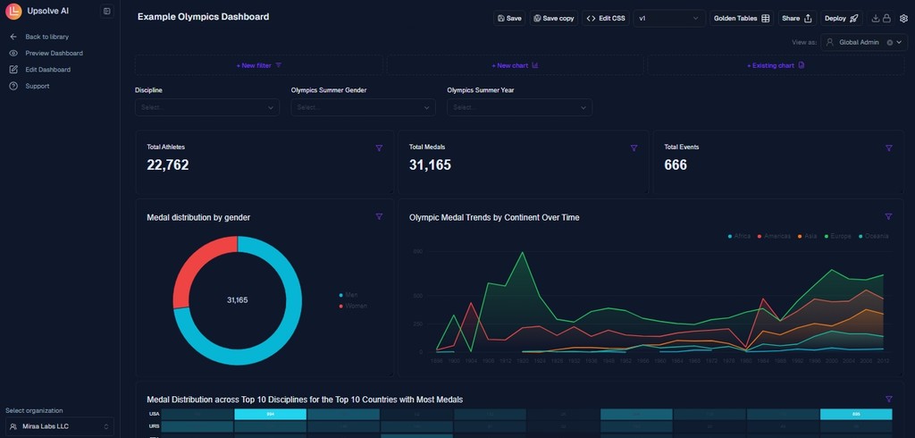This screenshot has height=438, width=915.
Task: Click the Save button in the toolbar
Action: click(x=508, y=18)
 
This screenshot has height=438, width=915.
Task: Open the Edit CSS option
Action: click(x=606, y=18)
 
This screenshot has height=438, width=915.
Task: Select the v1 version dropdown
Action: click(x=668, y=18)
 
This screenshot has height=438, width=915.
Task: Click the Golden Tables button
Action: click(x=741, y=18)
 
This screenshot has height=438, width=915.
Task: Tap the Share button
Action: click(x=796, y=18)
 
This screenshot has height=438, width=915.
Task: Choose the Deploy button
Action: click(x=841, y=18)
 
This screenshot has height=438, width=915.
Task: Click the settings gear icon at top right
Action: click(x=903, y=18)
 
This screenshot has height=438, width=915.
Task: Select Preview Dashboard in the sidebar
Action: click(x=54, y=53)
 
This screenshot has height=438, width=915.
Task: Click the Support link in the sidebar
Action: click(x=38, y=86)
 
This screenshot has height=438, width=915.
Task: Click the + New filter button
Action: click(x=259, y=65)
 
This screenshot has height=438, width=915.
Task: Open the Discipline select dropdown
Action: click(x=206, y=107)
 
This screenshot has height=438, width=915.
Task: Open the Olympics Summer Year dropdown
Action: click(x=519, y=107)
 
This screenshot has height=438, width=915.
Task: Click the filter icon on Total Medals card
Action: click(x=634, y=147)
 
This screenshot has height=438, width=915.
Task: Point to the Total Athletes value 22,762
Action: click(x=168, y=164)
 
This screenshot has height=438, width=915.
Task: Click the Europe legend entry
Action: click(x=840, y=236)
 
